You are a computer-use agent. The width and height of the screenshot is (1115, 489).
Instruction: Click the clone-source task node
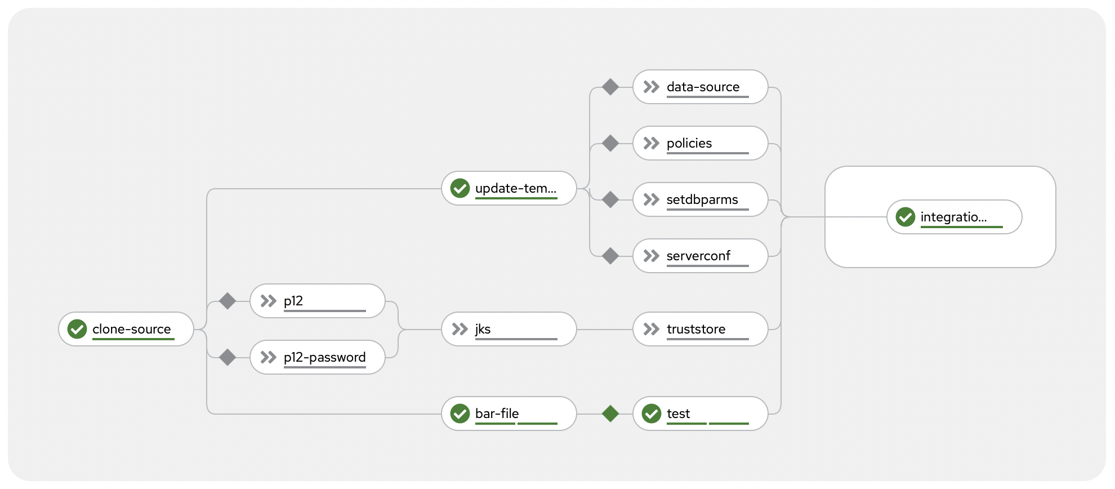126,329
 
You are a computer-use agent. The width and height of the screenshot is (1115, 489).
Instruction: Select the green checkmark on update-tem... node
460,188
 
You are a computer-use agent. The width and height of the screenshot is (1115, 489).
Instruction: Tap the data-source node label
703,87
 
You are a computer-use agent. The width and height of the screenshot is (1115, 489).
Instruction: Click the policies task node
700,143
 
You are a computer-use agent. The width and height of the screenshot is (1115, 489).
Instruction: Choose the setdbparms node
700,199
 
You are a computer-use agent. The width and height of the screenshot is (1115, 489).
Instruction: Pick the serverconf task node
700,256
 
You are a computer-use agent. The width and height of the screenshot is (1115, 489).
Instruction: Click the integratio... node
954,217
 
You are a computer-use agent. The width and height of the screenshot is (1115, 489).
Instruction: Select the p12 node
318,301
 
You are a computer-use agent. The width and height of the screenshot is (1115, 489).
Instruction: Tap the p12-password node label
324,357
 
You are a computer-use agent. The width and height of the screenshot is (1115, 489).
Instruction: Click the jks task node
509,329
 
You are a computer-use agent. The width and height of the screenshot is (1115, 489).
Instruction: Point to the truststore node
700,329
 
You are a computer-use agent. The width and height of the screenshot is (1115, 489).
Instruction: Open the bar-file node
509,414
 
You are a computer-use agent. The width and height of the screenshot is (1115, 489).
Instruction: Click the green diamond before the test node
610,414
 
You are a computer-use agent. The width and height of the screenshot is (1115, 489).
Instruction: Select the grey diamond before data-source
610,87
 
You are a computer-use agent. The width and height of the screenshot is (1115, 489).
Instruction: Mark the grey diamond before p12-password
228,357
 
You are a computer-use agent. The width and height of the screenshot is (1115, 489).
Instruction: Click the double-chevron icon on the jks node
460,329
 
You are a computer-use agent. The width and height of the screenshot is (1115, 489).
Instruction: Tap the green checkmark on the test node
652,414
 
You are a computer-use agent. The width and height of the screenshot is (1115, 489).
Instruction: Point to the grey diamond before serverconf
610,256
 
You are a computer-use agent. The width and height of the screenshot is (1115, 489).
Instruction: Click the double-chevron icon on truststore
652,329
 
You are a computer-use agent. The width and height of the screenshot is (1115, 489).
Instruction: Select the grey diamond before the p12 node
228,301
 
